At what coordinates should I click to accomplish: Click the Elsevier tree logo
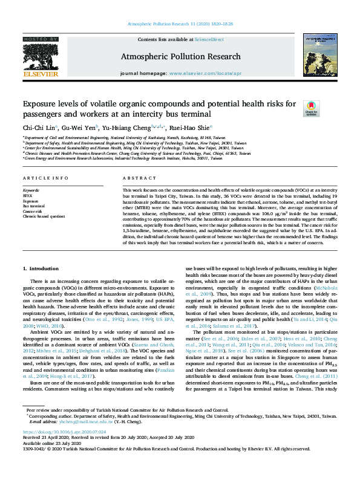(41, 58)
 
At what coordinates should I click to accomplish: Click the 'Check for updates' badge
(311, 109)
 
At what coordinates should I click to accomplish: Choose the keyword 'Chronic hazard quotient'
(45, 215)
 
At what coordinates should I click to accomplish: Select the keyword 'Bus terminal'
(33, 205)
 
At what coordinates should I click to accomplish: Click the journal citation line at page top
(179, 24)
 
